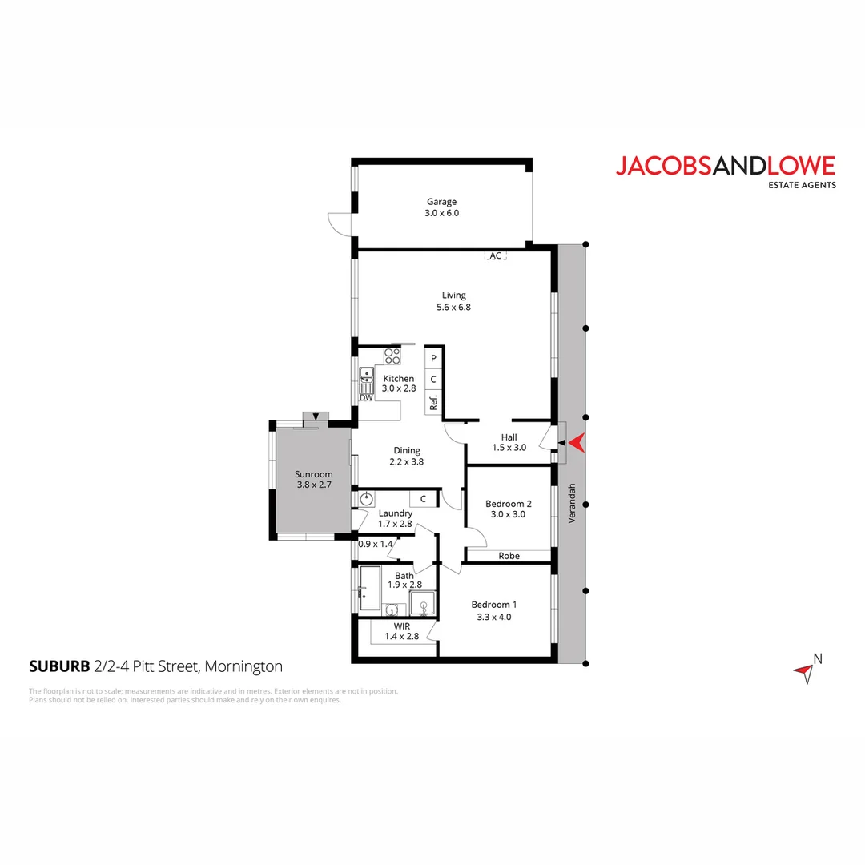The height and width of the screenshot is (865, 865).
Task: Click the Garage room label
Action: click(x=441, y=202)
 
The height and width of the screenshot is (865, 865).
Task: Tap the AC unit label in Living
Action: click(x=495, y=255)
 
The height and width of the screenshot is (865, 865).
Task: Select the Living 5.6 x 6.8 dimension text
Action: click(x=453, y=307)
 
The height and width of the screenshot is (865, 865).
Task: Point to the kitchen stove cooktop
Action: click(x=392, y=355)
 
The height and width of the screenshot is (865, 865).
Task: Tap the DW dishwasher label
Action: click(x=366, y=397)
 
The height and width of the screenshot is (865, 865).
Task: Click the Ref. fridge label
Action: click(x=433, y=402)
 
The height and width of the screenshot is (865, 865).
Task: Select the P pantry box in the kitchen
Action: click(x=433, y=359)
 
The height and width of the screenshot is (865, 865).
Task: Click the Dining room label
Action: click(x=406, y=450)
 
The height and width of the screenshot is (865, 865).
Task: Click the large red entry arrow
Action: click(x=576, y=442)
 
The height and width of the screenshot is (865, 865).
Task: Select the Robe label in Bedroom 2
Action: click(x=509, y=555)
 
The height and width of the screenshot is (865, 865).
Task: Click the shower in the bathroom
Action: click(x=421, y=602)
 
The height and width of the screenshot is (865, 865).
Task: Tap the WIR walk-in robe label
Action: click(x=402, y=626)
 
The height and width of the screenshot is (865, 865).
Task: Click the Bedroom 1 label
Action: click(x=491, y=605)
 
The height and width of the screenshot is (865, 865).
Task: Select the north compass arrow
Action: click(x=804, y=672)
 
